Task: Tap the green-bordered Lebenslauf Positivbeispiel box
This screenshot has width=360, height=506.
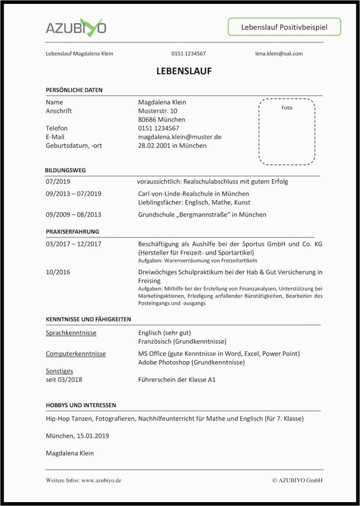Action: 284,27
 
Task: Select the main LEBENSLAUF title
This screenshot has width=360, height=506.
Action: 184,71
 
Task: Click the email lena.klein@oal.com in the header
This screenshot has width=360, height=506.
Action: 279,53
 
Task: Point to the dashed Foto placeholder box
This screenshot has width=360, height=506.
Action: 286,131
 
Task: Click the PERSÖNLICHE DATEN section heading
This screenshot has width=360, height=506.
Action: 74,90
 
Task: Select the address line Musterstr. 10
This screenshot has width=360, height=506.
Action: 158,111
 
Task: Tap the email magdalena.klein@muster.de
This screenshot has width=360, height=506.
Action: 179,137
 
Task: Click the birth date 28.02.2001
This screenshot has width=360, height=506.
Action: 154,146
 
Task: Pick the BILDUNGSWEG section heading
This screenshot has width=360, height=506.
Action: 66,170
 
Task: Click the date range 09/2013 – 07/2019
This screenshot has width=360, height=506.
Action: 73,194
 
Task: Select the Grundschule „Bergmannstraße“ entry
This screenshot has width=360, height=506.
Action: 202,214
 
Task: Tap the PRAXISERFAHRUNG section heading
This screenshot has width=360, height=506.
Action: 72,231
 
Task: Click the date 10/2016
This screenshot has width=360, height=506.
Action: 57,272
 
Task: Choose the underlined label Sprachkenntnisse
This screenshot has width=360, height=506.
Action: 71,333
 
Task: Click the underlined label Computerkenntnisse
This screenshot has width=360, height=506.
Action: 76,354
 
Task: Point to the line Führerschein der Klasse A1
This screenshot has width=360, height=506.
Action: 177,380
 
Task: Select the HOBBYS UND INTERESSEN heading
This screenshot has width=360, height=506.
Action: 81,405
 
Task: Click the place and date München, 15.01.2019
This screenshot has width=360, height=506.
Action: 78,436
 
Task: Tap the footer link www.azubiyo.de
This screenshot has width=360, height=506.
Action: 101,480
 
